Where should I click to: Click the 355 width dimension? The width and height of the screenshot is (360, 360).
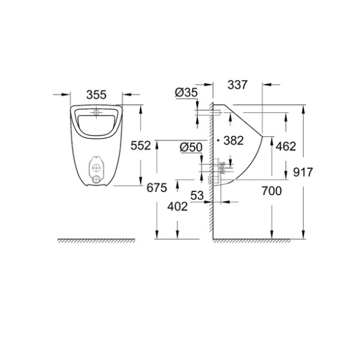tap(96, 94)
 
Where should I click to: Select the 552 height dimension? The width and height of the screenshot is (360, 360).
tap(140, 145)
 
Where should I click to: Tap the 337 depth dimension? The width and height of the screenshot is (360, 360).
tap(237, 85)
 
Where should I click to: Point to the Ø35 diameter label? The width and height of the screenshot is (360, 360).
tap(186, 93)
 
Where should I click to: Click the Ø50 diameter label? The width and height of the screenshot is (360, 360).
tap(191, 147)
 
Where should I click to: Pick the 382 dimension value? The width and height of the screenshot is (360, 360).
tap(234, 140)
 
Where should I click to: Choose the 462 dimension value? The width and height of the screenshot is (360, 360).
tap(286, 146)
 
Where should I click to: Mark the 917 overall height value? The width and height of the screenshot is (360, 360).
tap(303, 172)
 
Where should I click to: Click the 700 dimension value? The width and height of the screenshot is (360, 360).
tap(272, 191)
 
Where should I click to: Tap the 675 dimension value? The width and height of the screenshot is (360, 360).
tap(157, 188)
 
